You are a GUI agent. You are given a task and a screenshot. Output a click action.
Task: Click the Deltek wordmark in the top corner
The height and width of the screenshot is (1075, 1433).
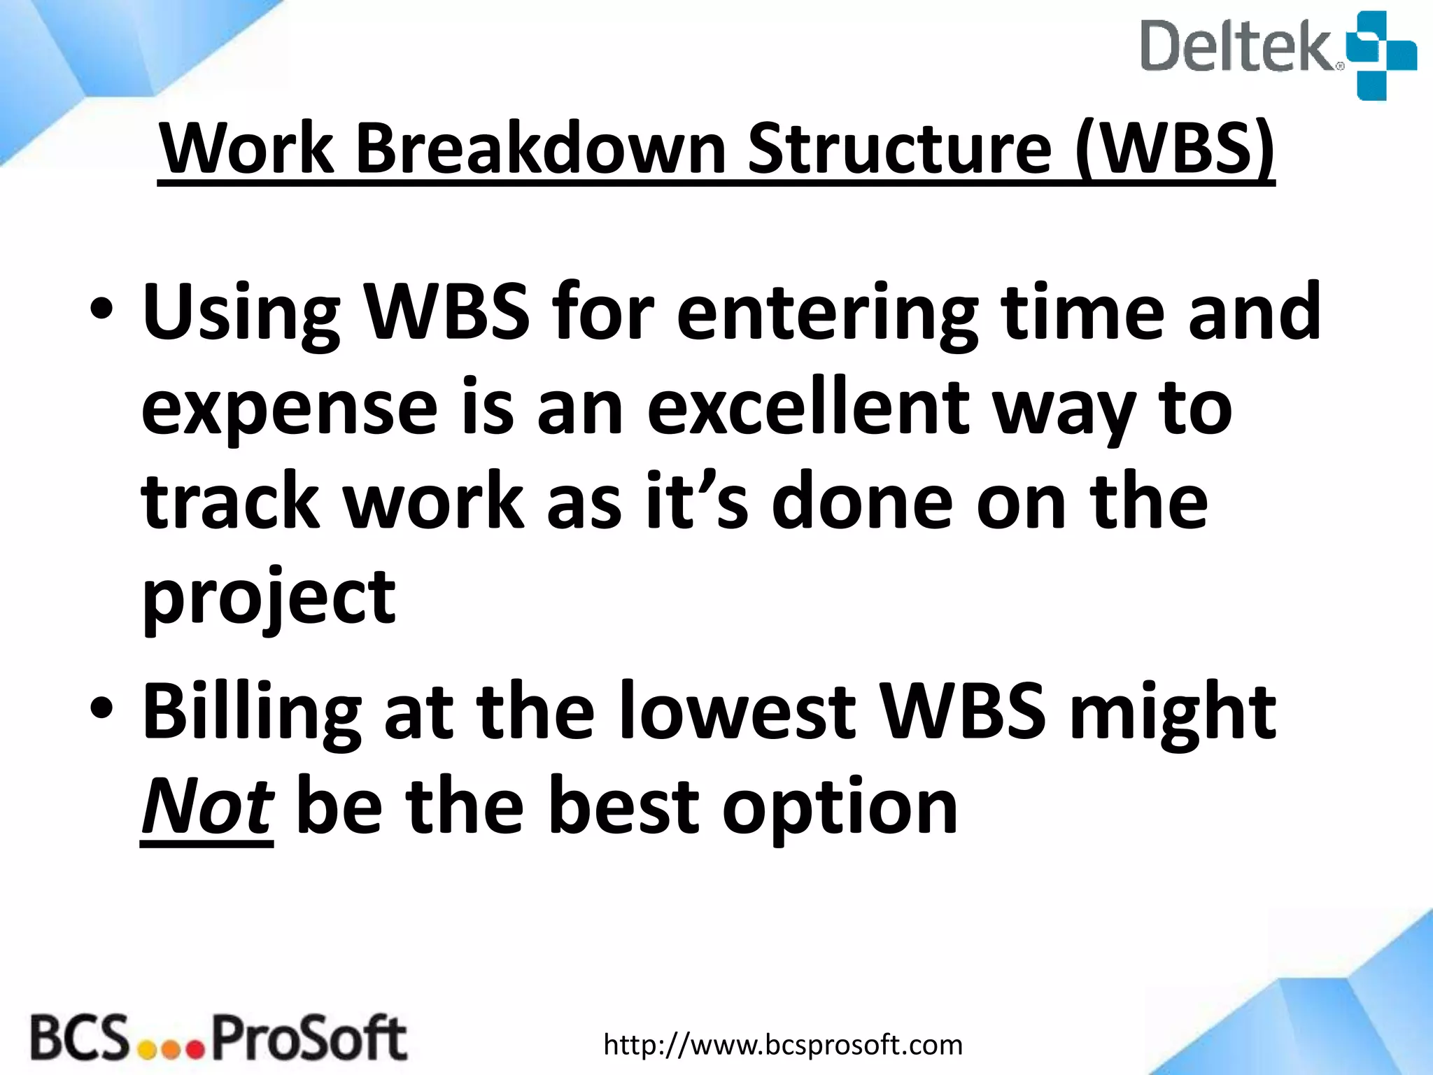point(1240,46)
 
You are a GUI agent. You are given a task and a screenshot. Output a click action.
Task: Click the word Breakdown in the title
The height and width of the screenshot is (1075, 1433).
point(541,149)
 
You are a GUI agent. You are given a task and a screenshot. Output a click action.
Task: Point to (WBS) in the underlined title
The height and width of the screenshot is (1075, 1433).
point(1175,149)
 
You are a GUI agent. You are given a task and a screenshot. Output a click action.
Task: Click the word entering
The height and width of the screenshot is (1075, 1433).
point(826,313)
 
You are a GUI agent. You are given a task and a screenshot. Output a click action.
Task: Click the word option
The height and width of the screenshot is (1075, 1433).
point(839,809)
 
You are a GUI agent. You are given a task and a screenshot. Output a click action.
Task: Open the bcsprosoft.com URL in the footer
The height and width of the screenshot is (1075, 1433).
point(783,1045)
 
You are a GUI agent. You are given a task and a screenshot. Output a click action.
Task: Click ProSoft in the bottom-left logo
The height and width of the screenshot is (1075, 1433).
point(309,1039)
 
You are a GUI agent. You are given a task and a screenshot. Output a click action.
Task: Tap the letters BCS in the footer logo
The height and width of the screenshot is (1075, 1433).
point(80,1039)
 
